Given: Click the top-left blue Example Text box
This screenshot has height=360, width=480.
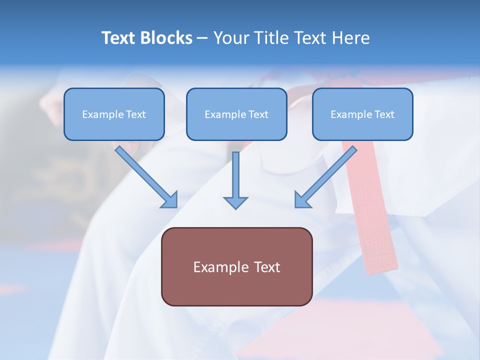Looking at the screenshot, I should click(x=114, y=114).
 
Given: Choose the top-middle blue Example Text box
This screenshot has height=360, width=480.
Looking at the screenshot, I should click(x=236, y=114).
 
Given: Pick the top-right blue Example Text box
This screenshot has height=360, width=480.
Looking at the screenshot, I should click(x=362, y=114).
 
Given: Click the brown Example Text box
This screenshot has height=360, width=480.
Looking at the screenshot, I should click(x=236, y=266).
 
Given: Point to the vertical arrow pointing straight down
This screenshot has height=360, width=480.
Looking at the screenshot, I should click(x=235, y=177).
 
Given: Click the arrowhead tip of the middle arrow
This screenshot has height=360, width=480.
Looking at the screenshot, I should click(x=235, y=207).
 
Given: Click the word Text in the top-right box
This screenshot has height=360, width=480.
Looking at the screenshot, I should click(x=384, y=114).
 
